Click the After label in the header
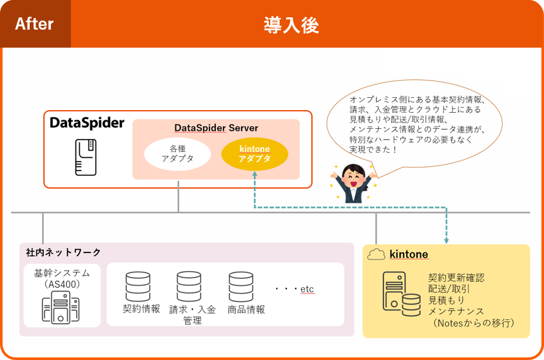click(34, 24)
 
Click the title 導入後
click(291, 25)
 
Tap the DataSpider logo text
click(86, 123)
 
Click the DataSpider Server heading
click(216, 128)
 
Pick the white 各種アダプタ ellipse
click(177, 154)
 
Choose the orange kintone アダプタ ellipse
click(254, 153)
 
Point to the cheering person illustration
click(353, 183)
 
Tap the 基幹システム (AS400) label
click(62, 278)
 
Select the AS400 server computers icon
click(61, 308)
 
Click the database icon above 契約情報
click(138, 287)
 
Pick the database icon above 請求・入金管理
click(189, 287)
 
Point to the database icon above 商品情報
click(240, 287)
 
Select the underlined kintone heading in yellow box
click(409, 254)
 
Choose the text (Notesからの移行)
click(473, 323)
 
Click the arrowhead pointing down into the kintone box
click(446, 240)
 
